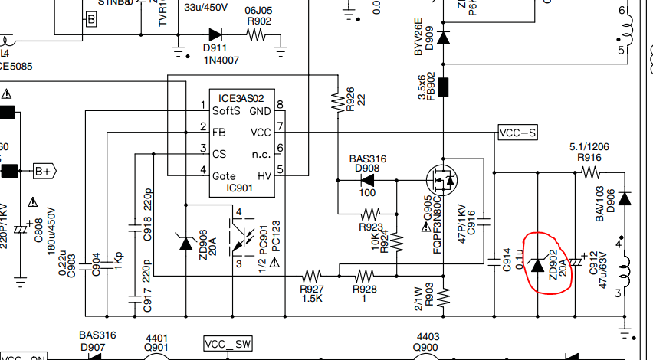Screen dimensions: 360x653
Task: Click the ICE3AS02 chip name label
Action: (241, 98)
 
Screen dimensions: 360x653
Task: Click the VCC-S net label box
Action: (518, 133)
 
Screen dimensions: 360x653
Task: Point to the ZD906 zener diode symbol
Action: (185, 243)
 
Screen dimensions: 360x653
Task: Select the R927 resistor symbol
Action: (313, 273)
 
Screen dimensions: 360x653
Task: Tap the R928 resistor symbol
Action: (363, 273)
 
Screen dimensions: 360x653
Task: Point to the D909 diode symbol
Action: (442, 36)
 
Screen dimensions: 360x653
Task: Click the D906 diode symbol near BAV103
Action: (625, 199)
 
